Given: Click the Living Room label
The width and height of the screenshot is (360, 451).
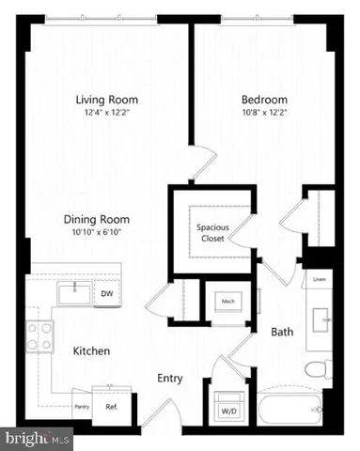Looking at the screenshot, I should click(107, 99).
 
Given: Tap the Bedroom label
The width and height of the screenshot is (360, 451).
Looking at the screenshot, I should click(264, 99).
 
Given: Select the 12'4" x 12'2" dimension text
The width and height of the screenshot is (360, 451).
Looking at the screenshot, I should click(107, 113).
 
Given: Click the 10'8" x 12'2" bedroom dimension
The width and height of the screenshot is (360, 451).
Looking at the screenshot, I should click(264, 113).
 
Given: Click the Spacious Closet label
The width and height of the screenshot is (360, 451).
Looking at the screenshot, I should click(212, 233).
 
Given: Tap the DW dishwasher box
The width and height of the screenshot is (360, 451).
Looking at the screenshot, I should click(106, 294).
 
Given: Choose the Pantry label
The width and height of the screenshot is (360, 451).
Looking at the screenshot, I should click(82, 407).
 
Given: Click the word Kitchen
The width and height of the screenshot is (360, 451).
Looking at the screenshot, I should click(92, 351).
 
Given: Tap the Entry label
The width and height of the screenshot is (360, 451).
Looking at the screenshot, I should click(170, 379).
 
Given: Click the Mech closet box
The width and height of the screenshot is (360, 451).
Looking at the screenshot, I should click(227, 301).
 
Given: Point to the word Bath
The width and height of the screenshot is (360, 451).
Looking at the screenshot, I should click(282, 332).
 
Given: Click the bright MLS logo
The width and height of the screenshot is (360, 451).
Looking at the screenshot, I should click(38, 438).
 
